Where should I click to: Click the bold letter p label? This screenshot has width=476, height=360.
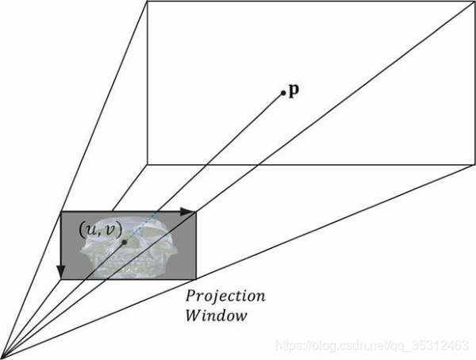pos(294,90)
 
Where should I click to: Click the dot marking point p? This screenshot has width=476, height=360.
pos(282,94)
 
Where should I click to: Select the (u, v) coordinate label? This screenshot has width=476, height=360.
pos(101,229)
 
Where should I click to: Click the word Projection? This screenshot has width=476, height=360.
pos(225,297)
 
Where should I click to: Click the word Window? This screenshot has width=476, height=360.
pos(215,316)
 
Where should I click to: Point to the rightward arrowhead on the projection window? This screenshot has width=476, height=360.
pos(189,212)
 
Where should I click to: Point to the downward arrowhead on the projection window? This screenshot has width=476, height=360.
pos(62,273)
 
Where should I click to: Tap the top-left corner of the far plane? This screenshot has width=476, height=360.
pos(148,2)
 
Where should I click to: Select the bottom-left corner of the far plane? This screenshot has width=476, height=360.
pos(148,165)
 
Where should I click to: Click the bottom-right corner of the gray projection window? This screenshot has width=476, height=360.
pos(196,278)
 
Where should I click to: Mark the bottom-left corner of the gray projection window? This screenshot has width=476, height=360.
pos(62,278)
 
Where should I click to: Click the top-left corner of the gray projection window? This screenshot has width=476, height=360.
pos(62,212)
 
